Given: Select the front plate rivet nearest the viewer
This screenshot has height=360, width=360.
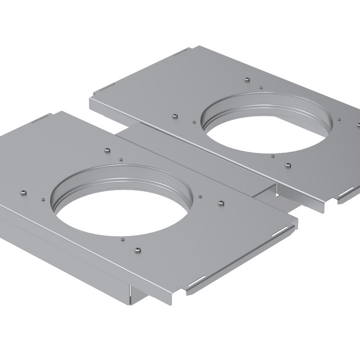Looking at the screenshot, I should (x=138, y=250).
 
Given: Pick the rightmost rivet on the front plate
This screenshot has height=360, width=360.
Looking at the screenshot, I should (x=220, y=203).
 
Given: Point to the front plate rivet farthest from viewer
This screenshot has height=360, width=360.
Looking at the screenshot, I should (x=107, y=150).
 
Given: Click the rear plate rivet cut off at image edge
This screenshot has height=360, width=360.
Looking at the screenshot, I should (x=358, y=125).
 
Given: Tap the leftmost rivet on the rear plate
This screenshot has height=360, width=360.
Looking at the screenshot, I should (x=175, y=116).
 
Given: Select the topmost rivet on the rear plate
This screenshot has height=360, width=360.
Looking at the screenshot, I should (x=247, y=80).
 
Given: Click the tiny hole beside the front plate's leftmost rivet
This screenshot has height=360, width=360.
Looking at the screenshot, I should (x=42, y=199).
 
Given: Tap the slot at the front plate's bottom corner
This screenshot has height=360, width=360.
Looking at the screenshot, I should (x=197, y=282).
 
